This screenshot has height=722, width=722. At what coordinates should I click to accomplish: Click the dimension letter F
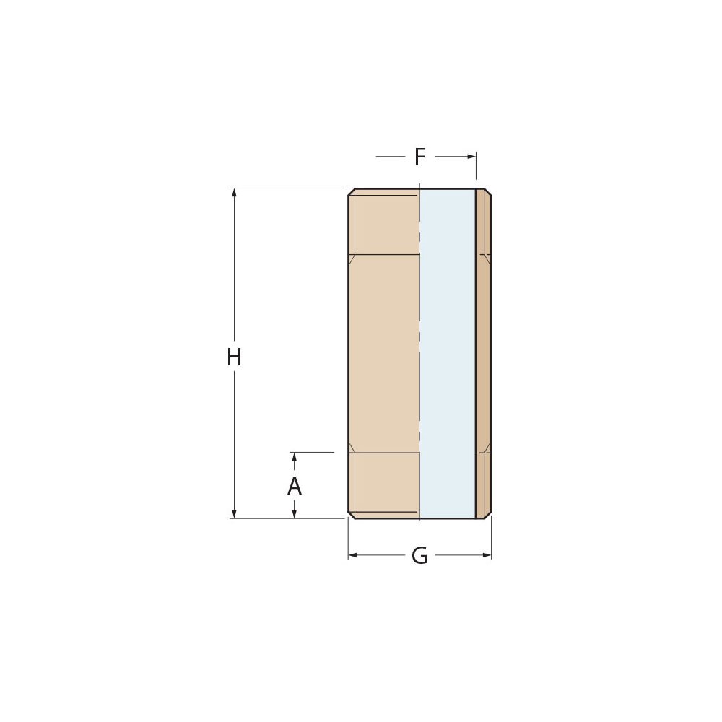[419, 157]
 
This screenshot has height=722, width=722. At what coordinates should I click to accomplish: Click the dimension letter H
[234, 357]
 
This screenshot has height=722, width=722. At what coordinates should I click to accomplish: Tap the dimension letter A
[294, 487]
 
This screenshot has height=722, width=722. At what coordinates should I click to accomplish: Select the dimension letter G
[419, 556]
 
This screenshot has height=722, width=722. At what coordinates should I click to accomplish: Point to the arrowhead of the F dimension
[471, 156]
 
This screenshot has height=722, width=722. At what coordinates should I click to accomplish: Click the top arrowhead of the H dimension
[234, 193]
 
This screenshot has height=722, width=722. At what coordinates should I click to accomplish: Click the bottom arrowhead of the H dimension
[234, 513]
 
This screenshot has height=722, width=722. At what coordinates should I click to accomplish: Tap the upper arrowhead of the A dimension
[294, 457]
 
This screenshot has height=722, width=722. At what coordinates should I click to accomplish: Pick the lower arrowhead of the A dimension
[294, 513]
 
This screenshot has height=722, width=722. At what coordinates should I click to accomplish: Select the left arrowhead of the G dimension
[353, 555]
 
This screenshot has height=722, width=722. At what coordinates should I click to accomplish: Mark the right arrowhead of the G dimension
[487, 555]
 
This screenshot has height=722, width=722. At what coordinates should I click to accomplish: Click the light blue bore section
[447, 354]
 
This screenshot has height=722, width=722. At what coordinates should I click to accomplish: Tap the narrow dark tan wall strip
[484, 354]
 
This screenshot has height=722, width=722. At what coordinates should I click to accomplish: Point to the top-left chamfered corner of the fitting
[351, 192]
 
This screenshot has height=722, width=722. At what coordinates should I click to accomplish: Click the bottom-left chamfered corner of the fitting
[351, 515]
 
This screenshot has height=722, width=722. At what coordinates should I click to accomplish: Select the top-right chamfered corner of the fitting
[489, 192]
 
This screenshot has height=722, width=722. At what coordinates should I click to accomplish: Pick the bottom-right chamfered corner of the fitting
[489, 515]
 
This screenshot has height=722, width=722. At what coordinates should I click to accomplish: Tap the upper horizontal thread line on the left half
[383, 254]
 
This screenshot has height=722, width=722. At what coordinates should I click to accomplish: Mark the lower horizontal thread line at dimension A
[383, 453]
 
